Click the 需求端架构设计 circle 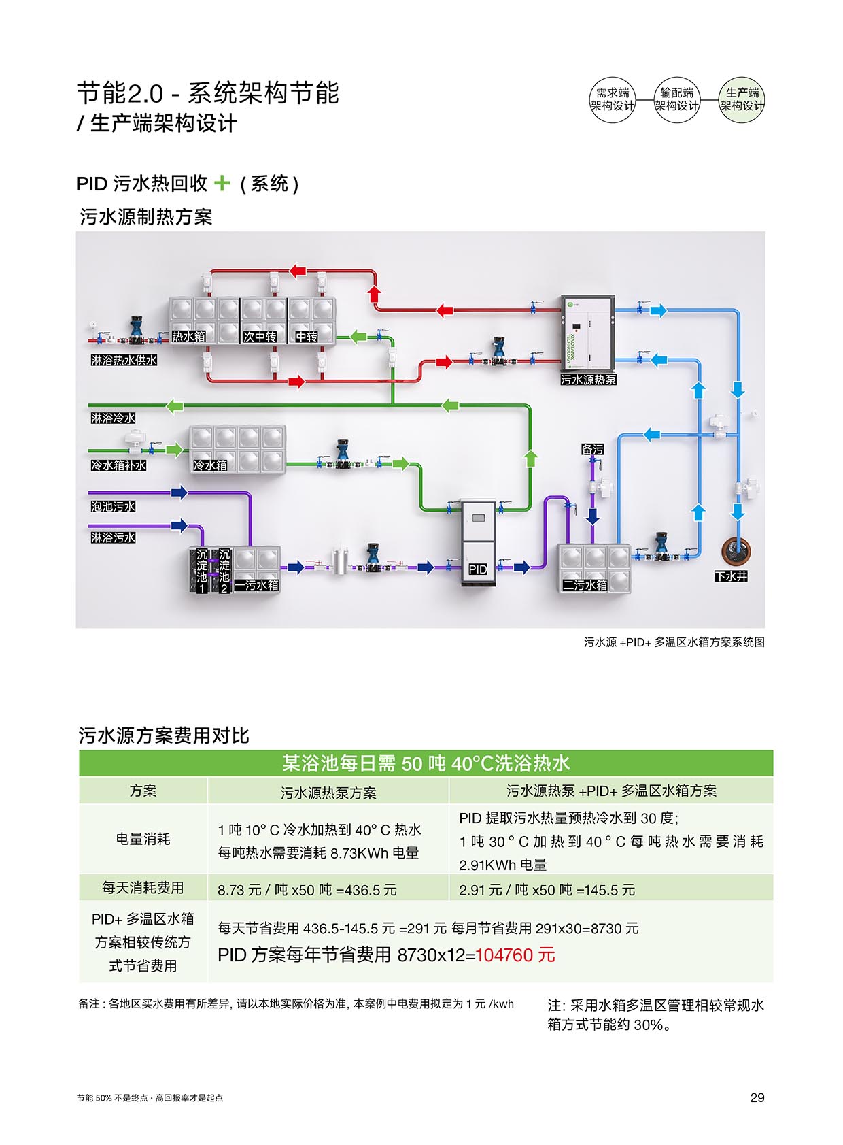tap(612, 100)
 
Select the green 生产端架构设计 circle tap(742, 100)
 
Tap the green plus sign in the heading tap(222, 183)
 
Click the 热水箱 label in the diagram tap(188, 336)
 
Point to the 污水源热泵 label tap(588, 380)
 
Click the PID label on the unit tap(478, 569)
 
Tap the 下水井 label tap(731, 576)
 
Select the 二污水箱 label tap(585, 584)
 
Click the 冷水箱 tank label tap(210, 465)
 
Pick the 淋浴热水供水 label tap(124, 360)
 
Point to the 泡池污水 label tap(114, 506)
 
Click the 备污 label tap(592, 449)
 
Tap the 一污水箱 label tap(257, 584)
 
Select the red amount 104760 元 tap(515, 955)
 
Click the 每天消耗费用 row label tap(143, 887)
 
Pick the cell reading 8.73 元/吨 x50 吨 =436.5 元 tap(307, 890)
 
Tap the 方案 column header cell tap(143, 791)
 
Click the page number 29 tap(757, 1097)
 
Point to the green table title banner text tap(426, 763)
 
